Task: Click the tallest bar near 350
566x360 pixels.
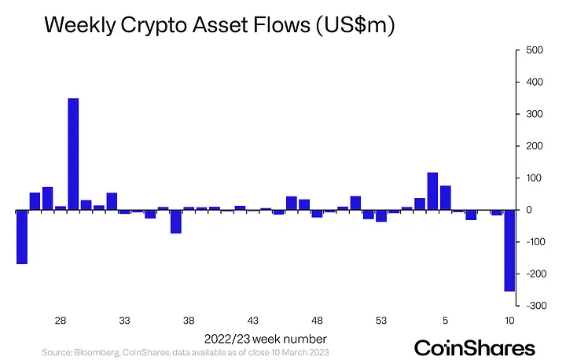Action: click(73, 154)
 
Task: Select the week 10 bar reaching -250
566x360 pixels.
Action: click(509, 250)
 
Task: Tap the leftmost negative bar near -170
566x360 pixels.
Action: click(22, 237)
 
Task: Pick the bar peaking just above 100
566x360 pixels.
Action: click(432, 191)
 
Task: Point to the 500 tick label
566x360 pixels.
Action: click(535, 50)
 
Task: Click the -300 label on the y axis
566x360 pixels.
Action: click(536, 306)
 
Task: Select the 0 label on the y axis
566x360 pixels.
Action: click(529, 210)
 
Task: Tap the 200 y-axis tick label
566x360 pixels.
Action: click(535, 146)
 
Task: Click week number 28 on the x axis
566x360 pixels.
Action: click(61, 320)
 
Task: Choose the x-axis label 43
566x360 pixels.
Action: click(252, 320)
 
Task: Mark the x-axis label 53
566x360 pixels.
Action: click(381, 320)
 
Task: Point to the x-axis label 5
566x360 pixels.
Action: click(445, 320)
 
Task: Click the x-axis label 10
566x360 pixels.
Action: click(509, 320)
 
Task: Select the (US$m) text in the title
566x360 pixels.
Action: click(355, 25)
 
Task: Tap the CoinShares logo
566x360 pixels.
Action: click(474, 348)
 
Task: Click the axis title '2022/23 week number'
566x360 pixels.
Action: click(266, 339)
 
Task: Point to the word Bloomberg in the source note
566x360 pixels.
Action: click(97, 352)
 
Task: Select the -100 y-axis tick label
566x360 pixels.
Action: click(536, 241)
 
